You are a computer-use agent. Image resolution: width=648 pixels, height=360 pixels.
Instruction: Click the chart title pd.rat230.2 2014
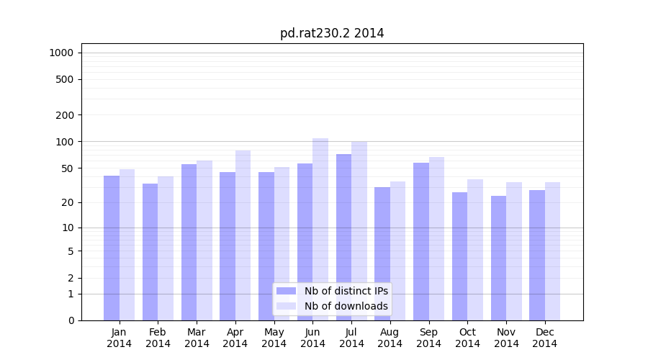coord(332,34)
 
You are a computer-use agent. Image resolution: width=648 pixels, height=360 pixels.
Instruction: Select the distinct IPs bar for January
coord(112,248)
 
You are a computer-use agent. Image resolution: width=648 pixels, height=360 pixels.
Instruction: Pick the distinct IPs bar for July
coord(343,237)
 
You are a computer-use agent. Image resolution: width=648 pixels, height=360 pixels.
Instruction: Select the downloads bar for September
coord(436,238)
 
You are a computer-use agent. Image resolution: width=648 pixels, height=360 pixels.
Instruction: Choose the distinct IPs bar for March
coord(189,242)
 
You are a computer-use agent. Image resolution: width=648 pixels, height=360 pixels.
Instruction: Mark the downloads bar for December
coord(552,251)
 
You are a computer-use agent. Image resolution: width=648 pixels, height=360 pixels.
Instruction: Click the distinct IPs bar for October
coord(459,256)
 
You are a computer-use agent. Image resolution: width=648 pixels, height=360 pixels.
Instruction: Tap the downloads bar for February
coord(166,248)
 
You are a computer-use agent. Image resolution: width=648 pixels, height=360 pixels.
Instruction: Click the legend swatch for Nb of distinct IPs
coord(286,291)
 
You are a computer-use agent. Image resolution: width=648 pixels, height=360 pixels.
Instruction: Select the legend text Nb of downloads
coord(346,306)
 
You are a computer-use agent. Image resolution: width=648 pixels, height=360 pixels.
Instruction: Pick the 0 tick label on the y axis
coord(71,320)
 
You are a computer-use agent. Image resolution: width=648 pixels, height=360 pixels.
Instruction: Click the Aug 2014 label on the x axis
coord(390,338)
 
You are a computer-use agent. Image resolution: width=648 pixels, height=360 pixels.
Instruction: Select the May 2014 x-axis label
coord(274,338)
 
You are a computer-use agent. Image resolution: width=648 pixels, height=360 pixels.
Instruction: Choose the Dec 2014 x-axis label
coord(545,338)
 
